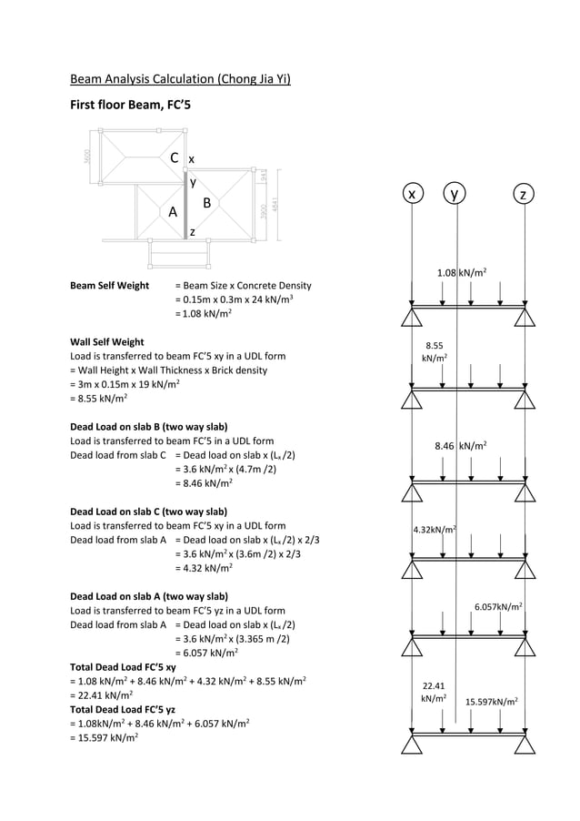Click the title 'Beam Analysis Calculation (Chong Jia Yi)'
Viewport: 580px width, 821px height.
coord(180,79)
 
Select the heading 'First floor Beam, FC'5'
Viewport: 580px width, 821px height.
coord(130,106)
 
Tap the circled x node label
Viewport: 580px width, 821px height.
coord(413,195)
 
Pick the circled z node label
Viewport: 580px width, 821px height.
coord(523,195)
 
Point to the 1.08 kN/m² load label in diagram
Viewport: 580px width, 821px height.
coord(461,272)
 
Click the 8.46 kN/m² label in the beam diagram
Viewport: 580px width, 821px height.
coord(461,446)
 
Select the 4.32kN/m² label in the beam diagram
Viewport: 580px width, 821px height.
coord(435,529)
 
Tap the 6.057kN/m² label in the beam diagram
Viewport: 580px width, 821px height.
coord(497,605)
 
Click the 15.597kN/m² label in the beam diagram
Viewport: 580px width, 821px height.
coord(492,702)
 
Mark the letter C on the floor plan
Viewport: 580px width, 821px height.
coord(174,158)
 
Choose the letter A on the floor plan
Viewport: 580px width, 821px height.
coord(172,212)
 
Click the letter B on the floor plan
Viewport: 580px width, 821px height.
coord(206,202)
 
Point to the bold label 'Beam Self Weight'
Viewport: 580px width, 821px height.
coord(109,285)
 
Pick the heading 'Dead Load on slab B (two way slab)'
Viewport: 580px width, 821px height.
coord(148,427)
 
